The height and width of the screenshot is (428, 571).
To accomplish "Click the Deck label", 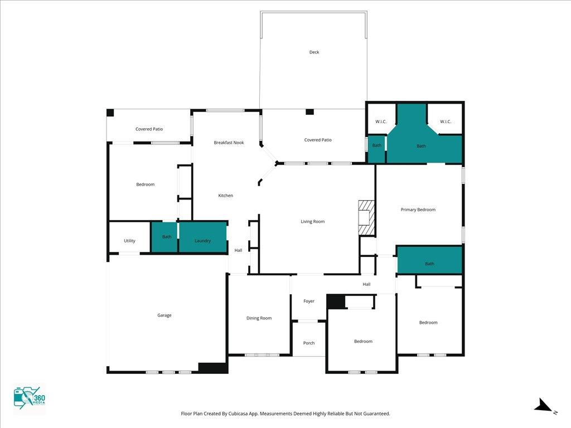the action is pos(314,52).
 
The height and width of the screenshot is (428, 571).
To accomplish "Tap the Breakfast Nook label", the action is pos(229,143).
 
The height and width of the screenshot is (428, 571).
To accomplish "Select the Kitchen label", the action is pos(225,196).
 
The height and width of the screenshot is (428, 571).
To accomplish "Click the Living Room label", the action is pos(312,221).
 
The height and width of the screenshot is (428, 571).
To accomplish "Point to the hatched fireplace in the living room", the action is pos(366,217).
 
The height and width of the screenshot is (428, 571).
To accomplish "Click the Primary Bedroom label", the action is pos(418,210).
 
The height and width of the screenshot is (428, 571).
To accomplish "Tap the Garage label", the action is pos(164,315).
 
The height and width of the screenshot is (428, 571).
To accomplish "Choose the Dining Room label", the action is pos(259,318).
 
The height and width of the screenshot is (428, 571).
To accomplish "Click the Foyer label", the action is pos(309,301).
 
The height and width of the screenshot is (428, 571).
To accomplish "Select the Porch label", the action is pos(309,343).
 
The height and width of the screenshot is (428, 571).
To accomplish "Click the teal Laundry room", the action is pos(203,236).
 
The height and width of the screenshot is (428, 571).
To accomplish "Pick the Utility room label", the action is pos(129,241).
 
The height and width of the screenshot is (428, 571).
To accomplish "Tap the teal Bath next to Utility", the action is pos(164,236).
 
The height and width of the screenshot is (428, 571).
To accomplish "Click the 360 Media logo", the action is pos(30,396).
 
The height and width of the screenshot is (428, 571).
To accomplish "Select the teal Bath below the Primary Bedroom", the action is pos(429,260).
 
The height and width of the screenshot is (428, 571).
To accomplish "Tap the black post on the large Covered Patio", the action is pos(309,111).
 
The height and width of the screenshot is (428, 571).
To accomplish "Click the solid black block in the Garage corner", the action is pos(214,368).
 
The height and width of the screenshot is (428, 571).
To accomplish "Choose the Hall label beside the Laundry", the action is pos(238,250).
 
